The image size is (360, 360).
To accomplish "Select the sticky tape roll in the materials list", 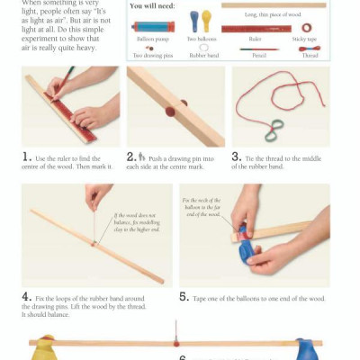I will (x=307, y=28).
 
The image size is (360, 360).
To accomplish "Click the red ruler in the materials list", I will (x=255, y=28).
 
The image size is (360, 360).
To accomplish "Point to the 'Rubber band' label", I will (x=204, y=56).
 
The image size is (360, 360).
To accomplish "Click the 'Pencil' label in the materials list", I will (x=257, y=56).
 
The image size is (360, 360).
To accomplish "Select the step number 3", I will (x=236, y=155).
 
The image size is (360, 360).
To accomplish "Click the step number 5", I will (x=184, y=296).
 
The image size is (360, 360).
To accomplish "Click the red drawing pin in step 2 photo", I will (x=171, y=112).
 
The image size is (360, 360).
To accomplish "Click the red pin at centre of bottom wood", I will (x=177, y=341).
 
